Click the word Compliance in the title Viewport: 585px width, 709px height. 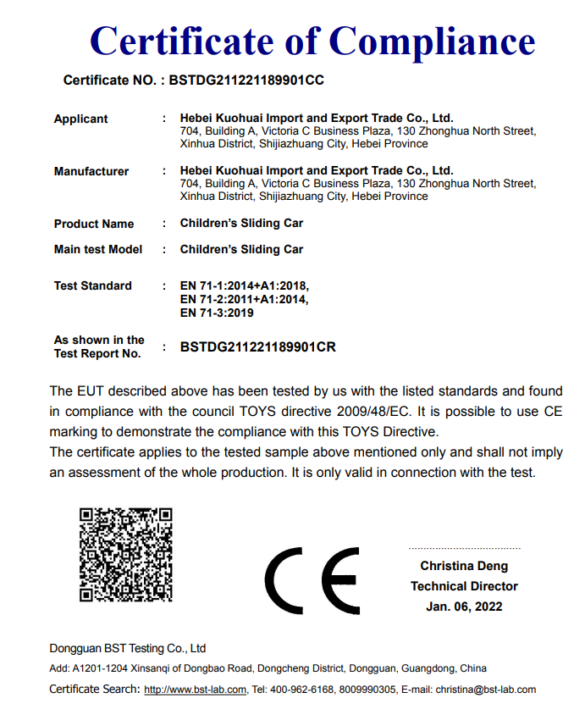coord(432,41)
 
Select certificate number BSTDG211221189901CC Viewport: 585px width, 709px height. coord(246,80)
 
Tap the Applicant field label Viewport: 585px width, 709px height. coord(81,119)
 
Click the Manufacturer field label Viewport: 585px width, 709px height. coord(91,172)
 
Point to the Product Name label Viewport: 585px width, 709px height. coord(94,224)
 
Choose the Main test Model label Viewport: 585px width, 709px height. coord(98,250)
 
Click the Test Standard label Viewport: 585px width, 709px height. coord(93,286)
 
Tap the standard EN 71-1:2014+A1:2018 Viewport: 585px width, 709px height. coord(245,286)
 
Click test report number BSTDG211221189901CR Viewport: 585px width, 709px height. coord(258,347)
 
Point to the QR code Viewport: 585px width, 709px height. coord(126,555)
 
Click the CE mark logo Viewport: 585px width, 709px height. coord(312,580)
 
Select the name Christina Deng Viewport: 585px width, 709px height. coord(464,566)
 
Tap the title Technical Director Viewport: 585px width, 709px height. coord(464,586)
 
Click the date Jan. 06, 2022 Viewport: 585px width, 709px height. coord(464,607)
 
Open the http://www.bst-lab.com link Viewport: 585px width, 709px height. coord(195,690)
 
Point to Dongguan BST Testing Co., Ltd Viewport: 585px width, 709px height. coord(128,649)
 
